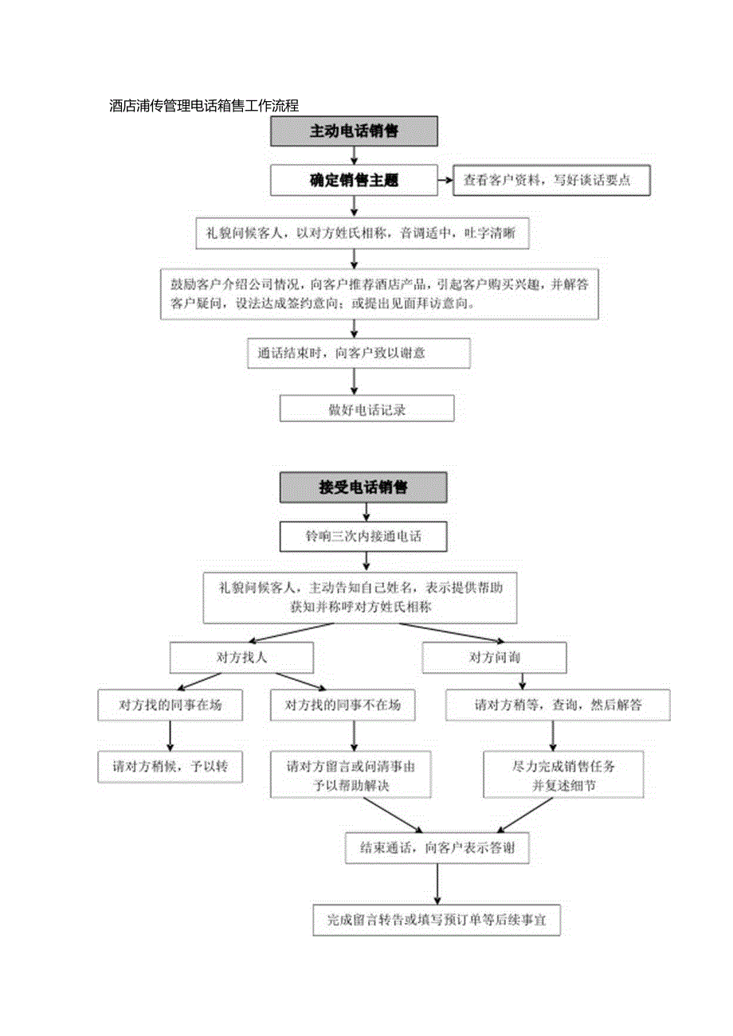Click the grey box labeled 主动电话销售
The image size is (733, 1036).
pos(354,131)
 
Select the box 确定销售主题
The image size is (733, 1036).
pos(354,181)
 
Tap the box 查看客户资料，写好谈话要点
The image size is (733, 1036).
pos(552,181)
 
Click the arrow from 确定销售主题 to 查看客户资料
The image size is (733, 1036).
pos(445,181)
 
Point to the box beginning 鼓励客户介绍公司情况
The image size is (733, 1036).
pos(378,294)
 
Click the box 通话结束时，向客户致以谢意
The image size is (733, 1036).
pos(359,353)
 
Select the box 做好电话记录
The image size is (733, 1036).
pos(366,409)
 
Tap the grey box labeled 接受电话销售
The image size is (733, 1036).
pos(363,487)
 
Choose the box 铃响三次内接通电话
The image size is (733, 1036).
pos(363,537)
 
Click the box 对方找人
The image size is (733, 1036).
pos(241,658)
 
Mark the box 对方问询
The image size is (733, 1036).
pos(494,658)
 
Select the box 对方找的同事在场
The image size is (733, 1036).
pos(171,705)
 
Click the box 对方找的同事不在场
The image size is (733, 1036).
pos(343,705)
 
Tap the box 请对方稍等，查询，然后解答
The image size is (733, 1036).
pos(558,705)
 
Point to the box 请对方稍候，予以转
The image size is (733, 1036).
pos(171,767)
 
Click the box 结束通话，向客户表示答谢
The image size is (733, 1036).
pos(437,848)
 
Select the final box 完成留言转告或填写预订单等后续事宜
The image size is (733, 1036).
pos(437,919)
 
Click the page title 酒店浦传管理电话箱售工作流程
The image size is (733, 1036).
pos(203,105)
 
